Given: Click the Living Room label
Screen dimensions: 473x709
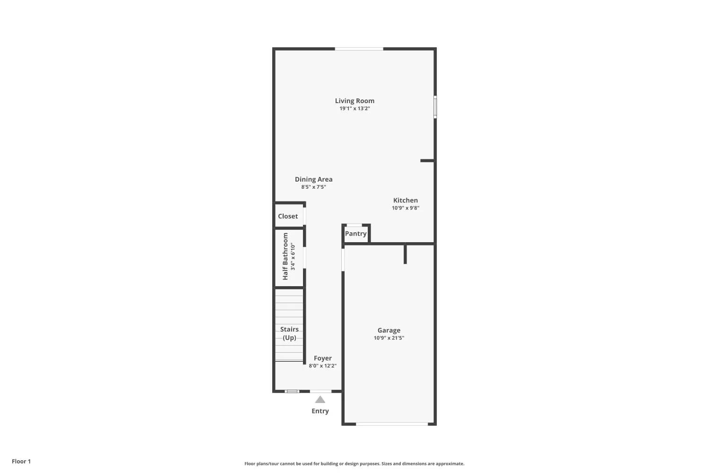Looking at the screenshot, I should click(354, 101).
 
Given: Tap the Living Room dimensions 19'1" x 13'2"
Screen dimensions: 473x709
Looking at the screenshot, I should click(354, 108).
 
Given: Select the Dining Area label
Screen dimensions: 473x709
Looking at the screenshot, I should click(313, 179).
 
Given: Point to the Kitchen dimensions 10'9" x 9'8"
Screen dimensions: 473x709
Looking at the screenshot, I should click(405, 208).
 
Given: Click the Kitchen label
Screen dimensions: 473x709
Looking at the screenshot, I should click(405, 200).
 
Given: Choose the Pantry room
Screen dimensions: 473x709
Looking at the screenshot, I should click(355, 234).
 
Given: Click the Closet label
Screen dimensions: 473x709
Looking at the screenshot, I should click(288, 216).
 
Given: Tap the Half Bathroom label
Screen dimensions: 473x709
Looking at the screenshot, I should click(285, 256).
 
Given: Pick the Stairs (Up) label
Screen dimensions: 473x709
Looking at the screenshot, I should click(289, 333).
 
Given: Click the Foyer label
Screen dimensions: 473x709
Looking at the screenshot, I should click(323, 358).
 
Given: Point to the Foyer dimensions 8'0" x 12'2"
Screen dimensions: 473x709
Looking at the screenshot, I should click(323, 366).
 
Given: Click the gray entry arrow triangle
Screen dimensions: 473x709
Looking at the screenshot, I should click(320, 400).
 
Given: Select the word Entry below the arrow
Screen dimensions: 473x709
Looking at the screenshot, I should click(320, 411).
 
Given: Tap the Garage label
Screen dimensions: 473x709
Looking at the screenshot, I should click(389, 330).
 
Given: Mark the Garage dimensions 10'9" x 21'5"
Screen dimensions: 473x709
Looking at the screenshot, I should click(389, 338).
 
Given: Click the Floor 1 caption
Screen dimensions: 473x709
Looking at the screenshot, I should click(21, 461).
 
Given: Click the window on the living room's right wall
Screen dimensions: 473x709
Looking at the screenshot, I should click(435, 107).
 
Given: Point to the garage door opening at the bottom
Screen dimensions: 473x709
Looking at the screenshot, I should click(392, 424).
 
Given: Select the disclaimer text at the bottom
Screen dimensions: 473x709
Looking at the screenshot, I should click(354, 464).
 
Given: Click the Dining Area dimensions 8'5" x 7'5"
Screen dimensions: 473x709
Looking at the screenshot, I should click(313, 187).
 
